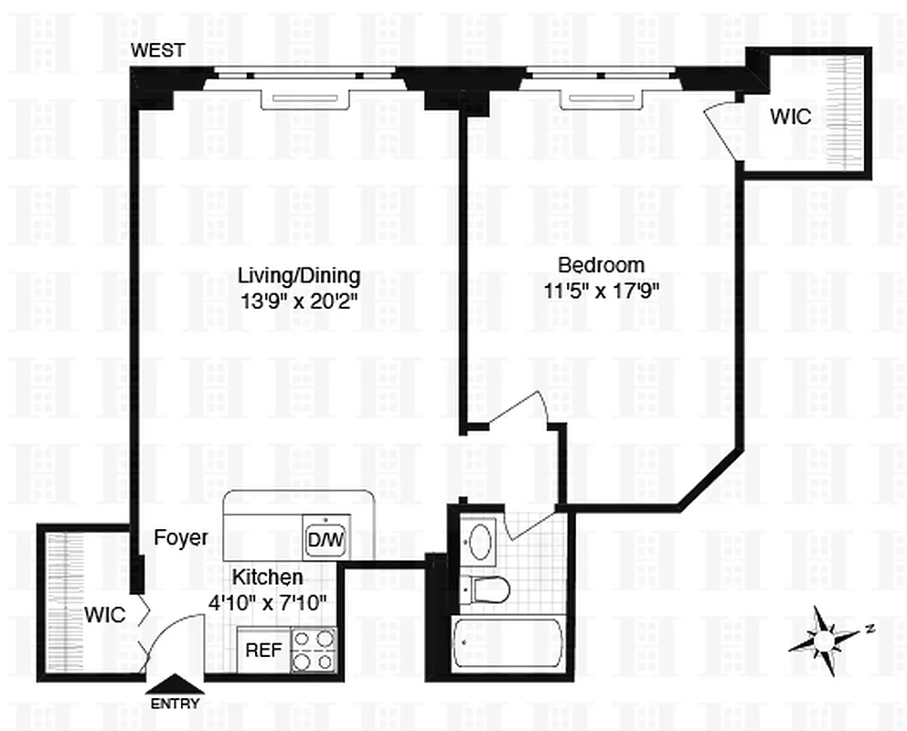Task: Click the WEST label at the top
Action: (158, 50)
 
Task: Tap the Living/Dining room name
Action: (299, 275)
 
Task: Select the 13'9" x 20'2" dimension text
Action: (298, 298)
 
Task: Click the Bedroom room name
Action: (601, 265)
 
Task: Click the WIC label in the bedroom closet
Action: (790, 117)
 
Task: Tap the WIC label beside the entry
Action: (105, 614)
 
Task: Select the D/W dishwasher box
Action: (325, 541)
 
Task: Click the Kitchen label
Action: (266, 577)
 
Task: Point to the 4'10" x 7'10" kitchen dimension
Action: (266, 601)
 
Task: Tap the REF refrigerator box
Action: (262, 652)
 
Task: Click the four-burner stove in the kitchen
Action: (314, 651)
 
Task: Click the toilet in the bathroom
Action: (485, 589)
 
